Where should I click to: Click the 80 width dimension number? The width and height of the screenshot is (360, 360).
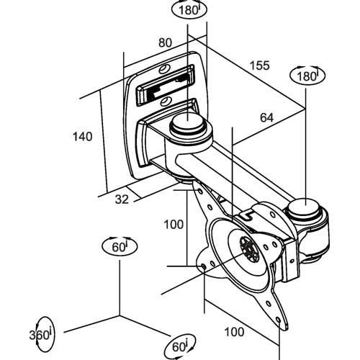click(165, 42)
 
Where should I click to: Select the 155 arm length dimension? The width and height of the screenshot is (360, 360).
click(260, 66)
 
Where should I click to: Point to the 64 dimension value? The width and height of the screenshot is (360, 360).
click(266, 117)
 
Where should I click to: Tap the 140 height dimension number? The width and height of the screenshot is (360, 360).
click(83, 136)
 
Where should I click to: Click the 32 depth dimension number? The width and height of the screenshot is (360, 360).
click(122, 199)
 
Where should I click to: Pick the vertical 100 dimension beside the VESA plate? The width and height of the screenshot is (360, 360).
click(174, 225)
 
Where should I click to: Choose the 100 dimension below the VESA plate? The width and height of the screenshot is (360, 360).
click(234, 332)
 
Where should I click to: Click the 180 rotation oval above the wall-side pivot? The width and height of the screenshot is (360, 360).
click(189, 10)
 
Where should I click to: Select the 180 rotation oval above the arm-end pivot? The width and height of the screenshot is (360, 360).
click(307, 76)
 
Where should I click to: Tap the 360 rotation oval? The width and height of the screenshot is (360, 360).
click(41, 334)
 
